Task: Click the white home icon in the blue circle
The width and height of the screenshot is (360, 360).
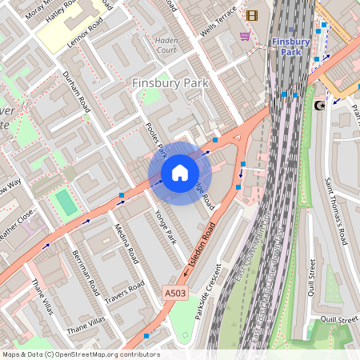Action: (x=179, y=172)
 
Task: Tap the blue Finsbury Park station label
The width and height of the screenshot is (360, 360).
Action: (x=290, y=46)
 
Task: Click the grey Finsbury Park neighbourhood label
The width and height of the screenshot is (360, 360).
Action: (x=170, y=83)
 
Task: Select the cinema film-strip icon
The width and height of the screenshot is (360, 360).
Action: (x=253, y=15)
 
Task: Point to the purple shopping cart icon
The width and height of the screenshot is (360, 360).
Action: (x=244, y=36)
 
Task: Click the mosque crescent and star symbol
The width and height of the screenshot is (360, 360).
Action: (x=321, y=105)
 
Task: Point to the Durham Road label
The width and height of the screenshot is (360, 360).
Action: (x=78, y=91)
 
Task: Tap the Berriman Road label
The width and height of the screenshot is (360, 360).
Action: (x=84, y=271)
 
